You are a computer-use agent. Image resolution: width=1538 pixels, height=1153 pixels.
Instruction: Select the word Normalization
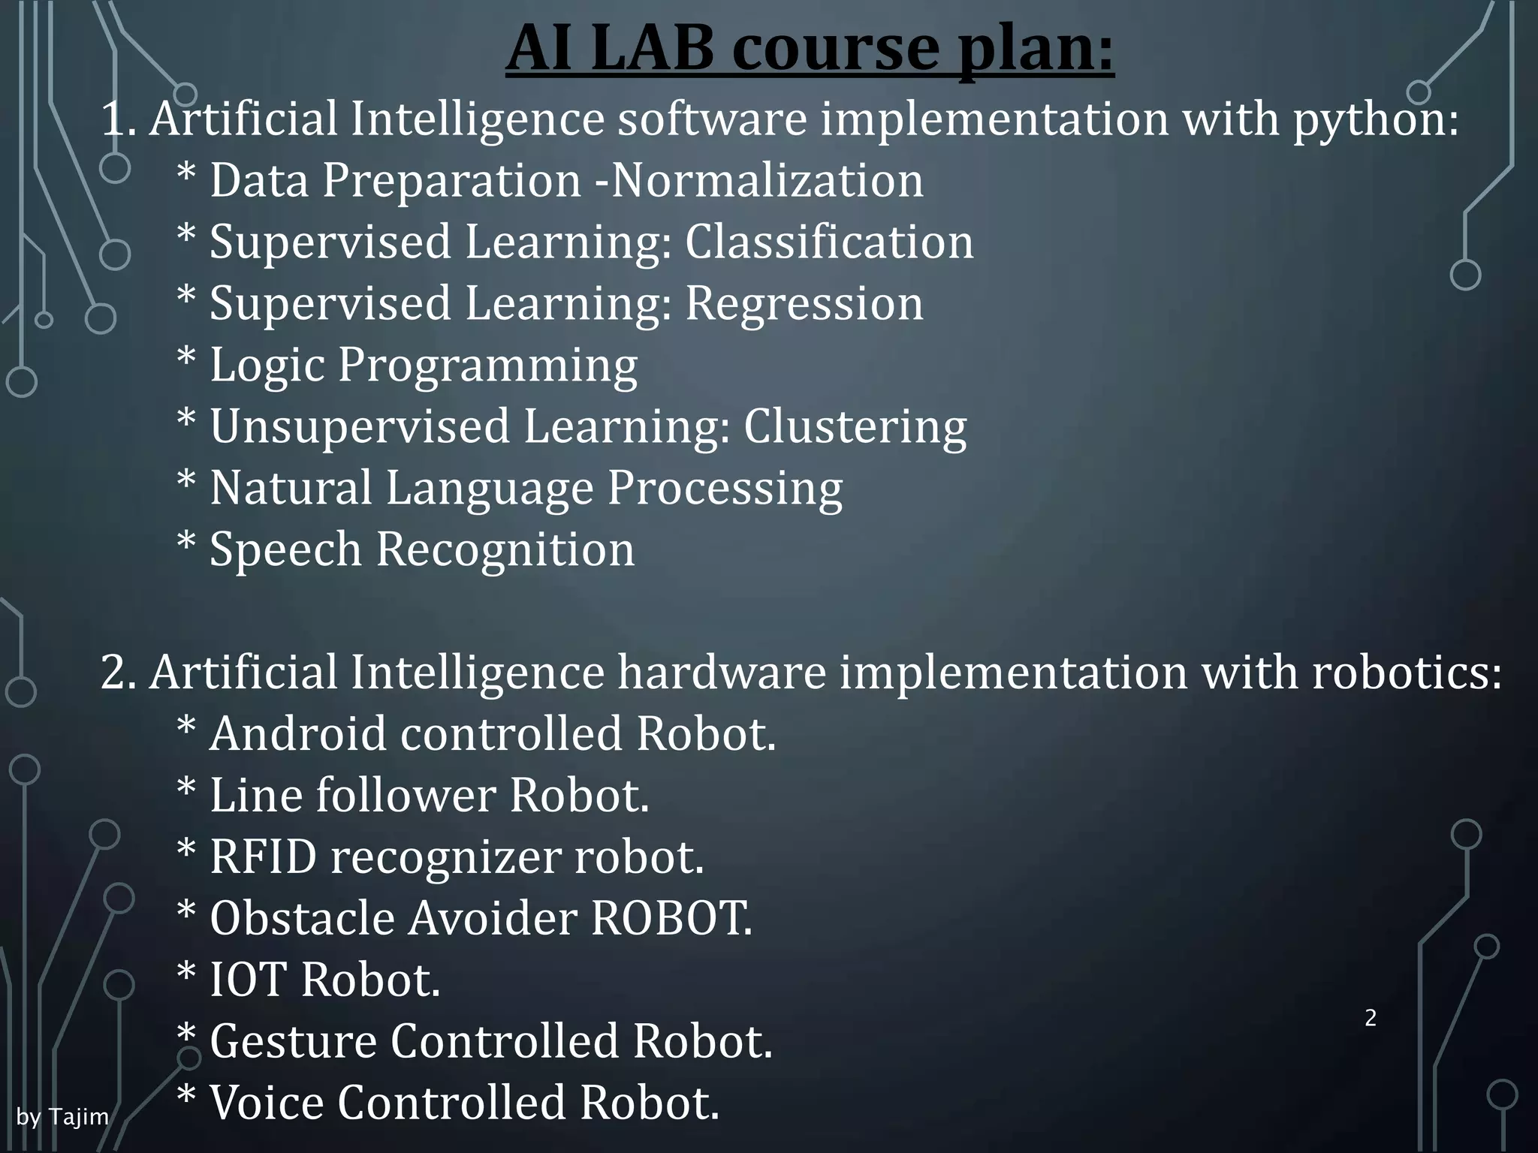767,181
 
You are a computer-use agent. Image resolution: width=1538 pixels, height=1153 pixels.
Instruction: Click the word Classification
829,242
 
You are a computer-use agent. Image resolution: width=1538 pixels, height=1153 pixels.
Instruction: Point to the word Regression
804,304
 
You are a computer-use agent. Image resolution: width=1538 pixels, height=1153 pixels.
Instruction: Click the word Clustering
855,427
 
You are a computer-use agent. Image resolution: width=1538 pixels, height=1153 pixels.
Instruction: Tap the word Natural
291,488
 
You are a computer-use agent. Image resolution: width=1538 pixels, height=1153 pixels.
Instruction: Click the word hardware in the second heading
721,672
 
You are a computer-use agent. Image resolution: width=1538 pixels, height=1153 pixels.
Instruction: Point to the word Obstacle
302,918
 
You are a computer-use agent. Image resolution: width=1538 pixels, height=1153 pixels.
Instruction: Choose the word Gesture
293,1042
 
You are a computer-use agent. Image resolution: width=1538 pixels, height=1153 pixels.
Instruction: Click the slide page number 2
1371,1018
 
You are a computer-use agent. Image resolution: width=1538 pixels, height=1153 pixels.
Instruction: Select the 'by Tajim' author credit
62,1117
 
